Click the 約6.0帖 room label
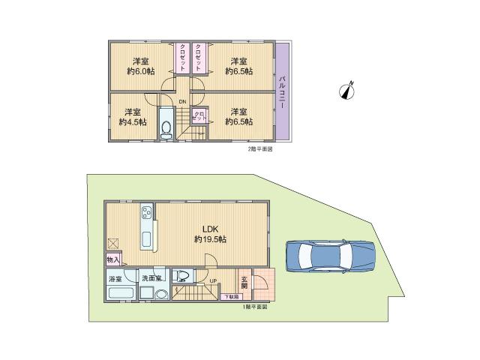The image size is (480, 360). [x=140, y=66]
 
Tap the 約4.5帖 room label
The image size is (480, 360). [x=132, y=116]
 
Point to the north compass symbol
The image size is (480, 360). [x=347, y=91]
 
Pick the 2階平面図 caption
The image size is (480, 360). [x=259, y=149]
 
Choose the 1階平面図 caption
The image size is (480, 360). [x=254, y=307]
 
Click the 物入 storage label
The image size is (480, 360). [x=113, y=259]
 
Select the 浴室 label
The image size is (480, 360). [x=115, y=278]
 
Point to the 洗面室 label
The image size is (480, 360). [x=152, y=278]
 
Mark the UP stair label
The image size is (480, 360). [x=214, y=281]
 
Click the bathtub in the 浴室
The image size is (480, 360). [x=118, y=294]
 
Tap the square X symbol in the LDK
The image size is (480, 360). [x=113, y=243]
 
